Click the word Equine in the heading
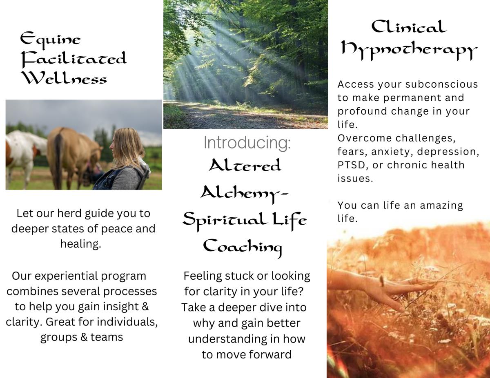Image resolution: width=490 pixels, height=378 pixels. coord(50,40)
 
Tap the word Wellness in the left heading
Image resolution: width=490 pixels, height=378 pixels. coord(65,78)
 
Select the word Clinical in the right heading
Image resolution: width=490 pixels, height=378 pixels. coord(409,27)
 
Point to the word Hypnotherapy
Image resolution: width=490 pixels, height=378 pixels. coord(410,51)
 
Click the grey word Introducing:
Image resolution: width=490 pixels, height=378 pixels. coord(247,142)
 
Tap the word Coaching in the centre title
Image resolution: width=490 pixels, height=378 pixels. coord(243,248)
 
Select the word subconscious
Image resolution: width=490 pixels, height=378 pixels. coord(441,84)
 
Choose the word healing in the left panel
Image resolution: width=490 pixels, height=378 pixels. coord(80,244)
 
